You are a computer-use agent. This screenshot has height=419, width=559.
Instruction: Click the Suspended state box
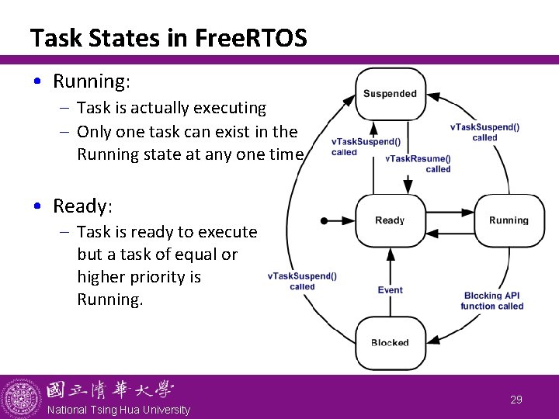pos(390,94)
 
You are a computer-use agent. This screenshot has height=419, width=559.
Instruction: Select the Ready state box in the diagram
pos(390,220)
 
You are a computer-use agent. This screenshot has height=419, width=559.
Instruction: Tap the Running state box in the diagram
pos(509,220)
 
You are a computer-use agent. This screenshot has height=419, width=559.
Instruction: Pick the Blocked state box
pos(390,342)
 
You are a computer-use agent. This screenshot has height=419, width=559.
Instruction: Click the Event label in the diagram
pos(391,290)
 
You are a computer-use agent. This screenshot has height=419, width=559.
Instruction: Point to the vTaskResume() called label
pos(418,164)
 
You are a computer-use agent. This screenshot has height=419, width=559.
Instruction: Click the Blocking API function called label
pos(492,301)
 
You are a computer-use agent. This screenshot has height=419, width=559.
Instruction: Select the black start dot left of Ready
pos(325,220)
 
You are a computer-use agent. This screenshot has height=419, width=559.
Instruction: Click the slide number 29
pos(516,400)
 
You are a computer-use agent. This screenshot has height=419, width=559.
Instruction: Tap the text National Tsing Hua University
pos(118,410)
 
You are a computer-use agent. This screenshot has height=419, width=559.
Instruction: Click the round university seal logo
pos(21,398)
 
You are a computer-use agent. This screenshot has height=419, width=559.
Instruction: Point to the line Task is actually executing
pos(172,108)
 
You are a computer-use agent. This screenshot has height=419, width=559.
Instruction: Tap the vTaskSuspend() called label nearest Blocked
pos(302,281)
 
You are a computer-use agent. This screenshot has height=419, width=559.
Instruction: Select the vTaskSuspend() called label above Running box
pos(484,132)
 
